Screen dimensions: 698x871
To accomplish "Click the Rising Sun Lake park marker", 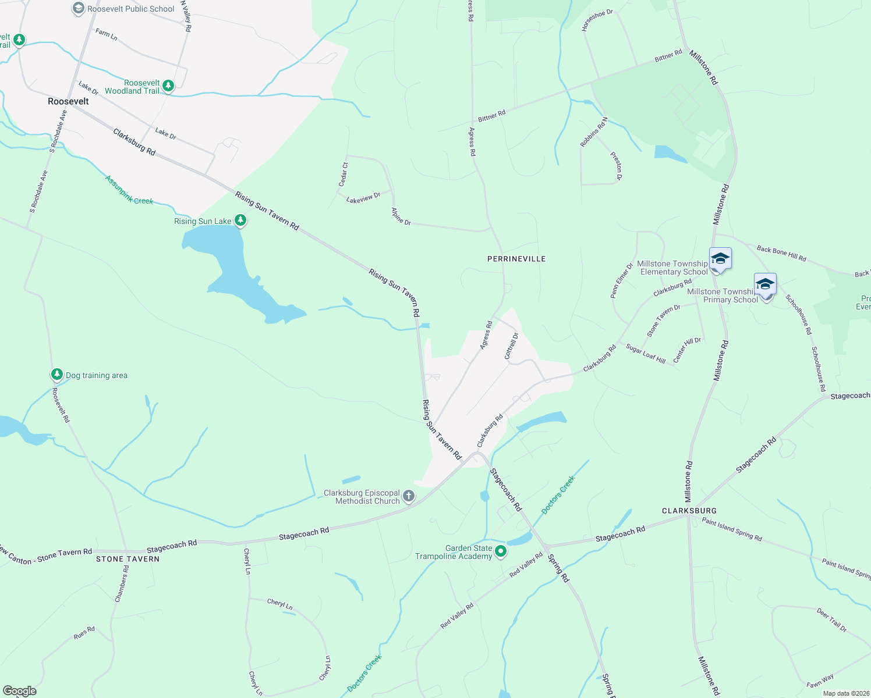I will pyautogui.click(x=240, y=220).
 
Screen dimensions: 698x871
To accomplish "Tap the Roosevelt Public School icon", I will pyautogui.click(x=78, y=9).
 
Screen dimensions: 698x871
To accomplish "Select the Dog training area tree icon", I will pyautogui.click(x=56, y=375).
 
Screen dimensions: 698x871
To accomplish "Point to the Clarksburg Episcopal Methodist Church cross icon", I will pyautogui.click(x=409, y=496).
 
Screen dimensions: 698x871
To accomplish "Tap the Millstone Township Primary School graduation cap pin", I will pyautogui.click(x=765, y=285).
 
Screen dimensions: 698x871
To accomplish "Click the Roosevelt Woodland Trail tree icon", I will pyautogui.click(x=168, y=86).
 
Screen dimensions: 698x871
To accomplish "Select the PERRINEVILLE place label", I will pyautogui.click(x=516, y=259).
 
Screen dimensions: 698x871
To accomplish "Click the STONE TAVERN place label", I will pyautogui.click(x=128, y=559).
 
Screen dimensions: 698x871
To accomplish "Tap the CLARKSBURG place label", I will pyautogui.click(x=689, y=511).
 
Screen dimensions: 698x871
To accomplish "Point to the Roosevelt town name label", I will pyautogui.click(x=68, y=101).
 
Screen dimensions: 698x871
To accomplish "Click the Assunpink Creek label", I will pyautogui.click(x=129, y=190).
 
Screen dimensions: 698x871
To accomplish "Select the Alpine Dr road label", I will pyautogui.click(x=401, y=216).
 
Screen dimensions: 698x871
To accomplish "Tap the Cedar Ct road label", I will pyautogui.click(x=344, y=174).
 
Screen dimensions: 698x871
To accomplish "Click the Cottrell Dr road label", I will pyautogui.click(x=511, y=346).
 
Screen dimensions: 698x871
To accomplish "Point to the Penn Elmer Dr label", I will pyautogui.click(x=621, y=281).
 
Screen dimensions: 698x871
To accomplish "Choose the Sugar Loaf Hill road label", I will pyautogui.click(x=646, y=354).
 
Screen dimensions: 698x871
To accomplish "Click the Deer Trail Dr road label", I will pyautogui.click(x=831, y=621).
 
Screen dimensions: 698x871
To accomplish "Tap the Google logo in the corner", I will pyautogui.click(x=20, y=690).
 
